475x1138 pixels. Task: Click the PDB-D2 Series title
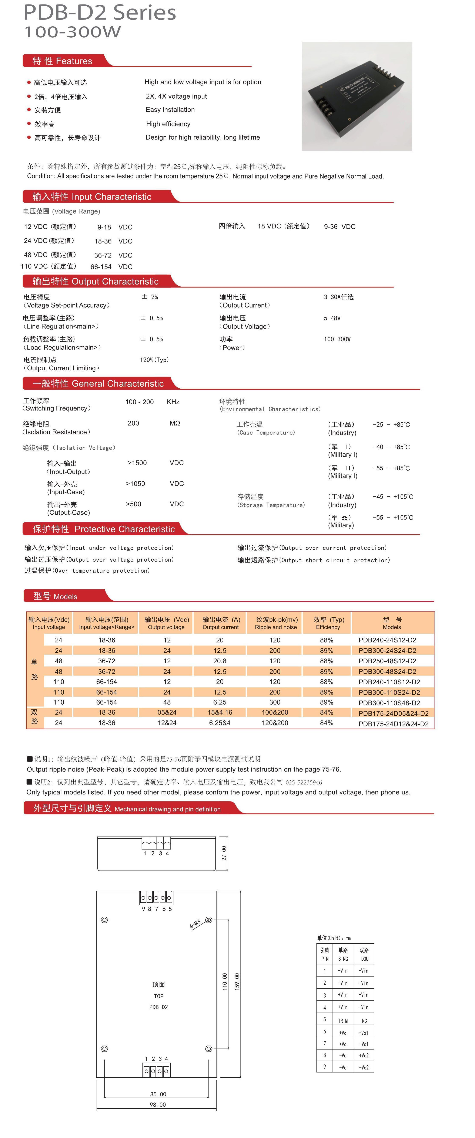coord(100,12)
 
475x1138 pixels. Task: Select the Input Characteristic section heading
coord(92,197)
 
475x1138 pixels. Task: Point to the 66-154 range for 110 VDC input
coord(101,267)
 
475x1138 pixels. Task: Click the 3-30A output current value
coord(338,297)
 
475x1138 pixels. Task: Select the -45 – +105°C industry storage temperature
coord(393,497)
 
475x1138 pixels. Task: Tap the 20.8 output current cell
coord(220,661)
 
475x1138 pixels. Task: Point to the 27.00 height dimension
coord(224,853)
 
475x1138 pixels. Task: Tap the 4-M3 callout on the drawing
coord(195,923)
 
